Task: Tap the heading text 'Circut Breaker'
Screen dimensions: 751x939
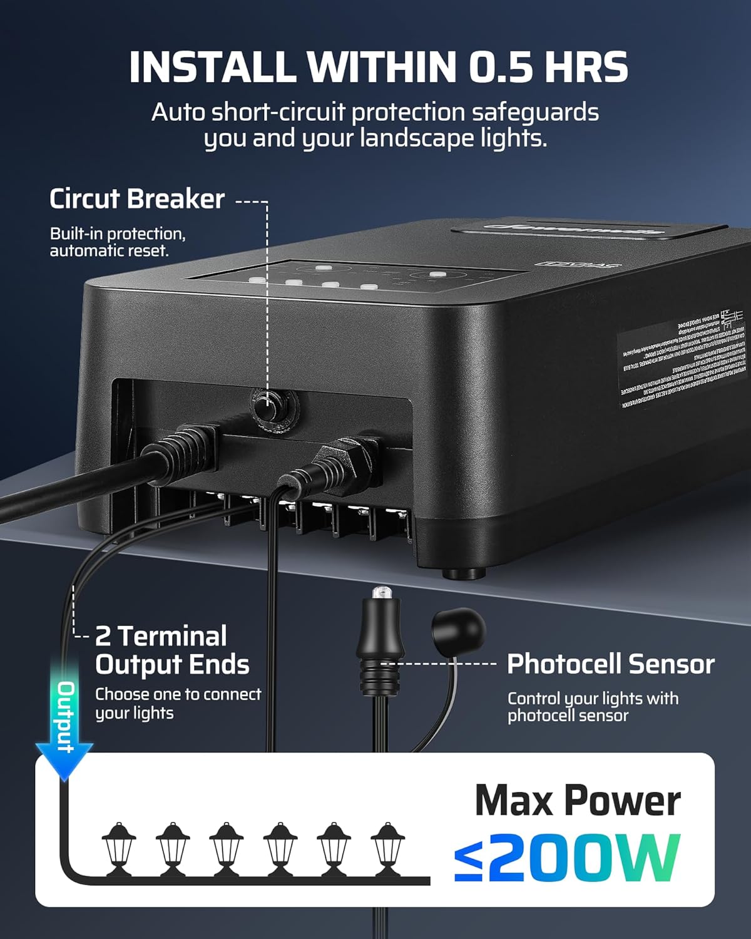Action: (137, 199)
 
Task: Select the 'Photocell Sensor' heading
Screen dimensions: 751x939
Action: (610, 664)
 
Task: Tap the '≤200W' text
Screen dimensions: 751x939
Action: (566, 858)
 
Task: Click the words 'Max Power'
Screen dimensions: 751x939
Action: (578, 801)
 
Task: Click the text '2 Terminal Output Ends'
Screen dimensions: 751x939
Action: (172, 650)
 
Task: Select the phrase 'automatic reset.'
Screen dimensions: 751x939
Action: (110, 251)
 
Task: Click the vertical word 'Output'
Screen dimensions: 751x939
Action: (66, 716)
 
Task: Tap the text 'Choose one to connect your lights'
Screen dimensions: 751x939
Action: (178, 704)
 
